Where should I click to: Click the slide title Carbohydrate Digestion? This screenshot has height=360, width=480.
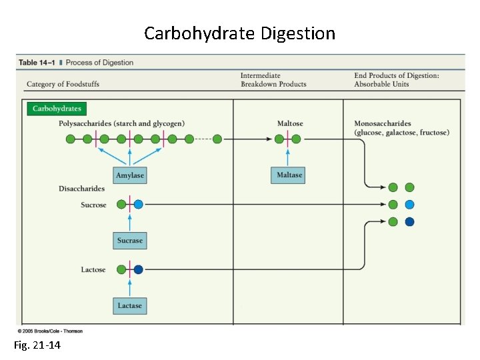pos(239,33)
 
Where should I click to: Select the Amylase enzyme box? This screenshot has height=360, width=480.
pos(130,175)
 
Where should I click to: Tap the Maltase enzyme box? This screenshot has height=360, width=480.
pos(288,175)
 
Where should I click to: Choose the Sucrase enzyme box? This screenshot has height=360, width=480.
pos(130,240)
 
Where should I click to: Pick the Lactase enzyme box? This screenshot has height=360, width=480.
pos(130,305)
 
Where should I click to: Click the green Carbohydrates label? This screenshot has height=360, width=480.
pos(57,109)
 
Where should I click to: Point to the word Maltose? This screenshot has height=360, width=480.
pos(290,123)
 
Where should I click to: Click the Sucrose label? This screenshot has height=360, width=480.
pos(93,205)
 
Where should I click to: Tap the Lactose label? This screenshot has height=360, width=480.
pos(93,270)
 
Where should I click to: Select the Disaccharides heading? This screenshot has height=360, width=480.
pos(81,189)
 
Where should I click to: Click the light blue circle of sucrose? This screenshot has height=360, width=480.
pos(138,205)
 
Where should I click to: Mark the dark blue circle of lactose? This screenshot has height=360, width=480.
pos(138,270)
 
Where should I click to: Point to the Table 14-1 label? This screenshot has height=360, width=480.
pos(37,63)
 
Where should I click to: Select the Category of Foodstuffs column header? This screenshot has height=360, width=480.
pos(63,84)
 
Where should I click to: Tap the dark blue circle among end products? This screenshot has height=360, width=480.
pos(409,221)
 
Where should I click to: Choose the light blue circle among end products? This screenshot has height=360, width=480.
pos(409,205)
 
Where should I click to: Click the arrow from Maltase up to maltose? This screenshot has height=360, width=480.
pos(288,157)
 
